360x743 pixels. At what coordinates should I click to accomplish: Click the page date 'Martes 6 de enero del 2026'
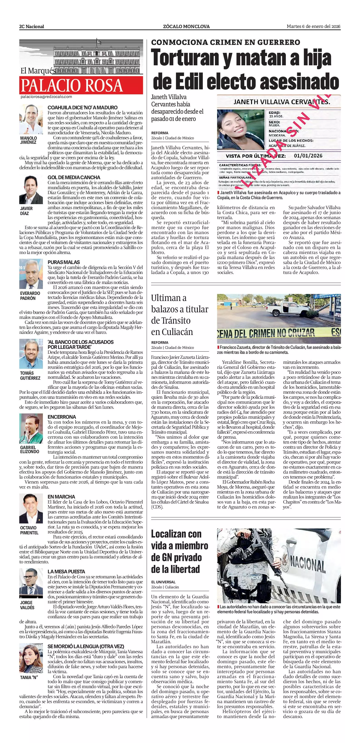pyautogui.click(x=313, y=27)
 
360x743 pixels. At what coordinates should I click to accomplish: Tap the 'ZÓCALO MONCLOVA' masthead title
pyautogui.click(x=186, y=27)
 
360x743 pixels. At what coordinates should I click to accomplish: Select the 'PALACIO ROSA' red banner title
pyautogui.click(x=72, y=85)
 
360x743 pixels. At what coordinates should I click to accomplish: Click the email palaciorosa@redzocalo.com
pyautogui.click(x=46, y=97)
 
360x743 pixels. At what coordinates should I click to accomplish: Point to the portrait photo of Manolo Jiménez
pyautogui.click(x=31, y=119)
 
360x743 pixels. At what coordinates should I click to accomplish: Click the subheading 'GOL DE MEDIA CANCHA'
pyautogui.click(x=74, y=177)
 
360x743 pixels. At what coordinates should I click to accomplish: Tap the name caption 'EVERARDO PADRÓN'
pyautogui.click(x=30, y=296)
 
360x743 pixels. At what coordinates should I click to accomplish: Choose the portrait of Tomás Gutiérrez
pyautogui.click(x=31, y=354)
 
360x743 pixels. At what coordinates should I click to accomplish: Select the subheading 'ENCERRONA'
pyautogui.click(x=62, y=417)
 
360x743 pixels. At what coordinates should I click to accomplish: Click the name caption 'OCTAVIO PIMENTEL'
pyautogui.click(x=29, y=530)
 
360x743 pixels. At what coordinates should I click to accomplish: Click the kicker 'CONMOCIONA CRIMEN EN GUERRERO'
pyautogui.click(x=225, y=42)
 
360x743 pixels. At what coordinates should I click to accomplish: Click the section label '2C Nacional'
pyautogui.click(x=32, y=27)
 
